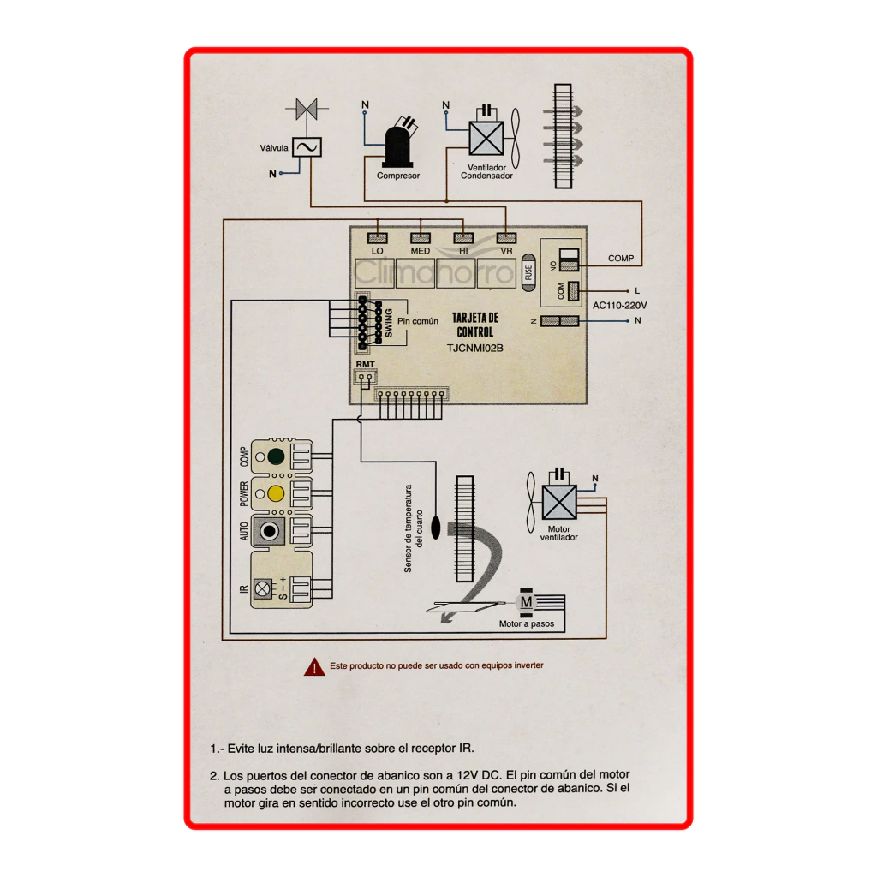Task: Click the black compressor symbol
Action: pyautogui.click(x=397, y=146)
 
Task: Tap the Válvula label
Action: pyautogui.click(x=274, y=148)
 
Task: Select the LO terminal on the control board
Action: pyautogui.click(x=378, y=238)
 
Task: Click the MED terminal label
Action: pyautogui.click(x=420, y=251)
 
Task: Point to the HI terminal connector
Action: pyautogui.click(x=463, y=238)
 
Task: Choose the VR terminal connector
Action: pyautogui.click(x=506, y=238)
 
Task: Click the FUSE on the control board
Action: pyautogui.click(x=528, y=273)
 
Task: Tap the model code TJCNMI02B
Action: pyautogui.click(x=474, y=348)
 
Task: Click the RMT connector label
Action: pyautogui.click(x=365, y=364)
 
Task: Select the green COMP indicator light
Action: pyautogui.click(x=276, y=456)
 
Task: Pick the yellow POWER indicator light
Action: pyautogui.click(x=276, y=494)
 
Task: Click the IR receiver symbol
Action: pyautogui.click(x=262, y=588)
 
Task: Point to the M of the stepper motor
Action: pyautogui.click(x=527, y=602)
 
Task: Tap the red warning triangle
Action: pyautogui.click(x=314, y=666)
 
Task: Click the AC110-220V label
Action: pyautogui.click(x=620, y=306)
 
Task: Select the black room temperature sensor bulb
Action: pyautogui.click(x=436, y=527)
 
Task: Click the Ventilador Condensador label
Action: pyautogui.click(x=486, y=171)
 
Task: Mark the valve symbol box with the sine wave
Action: pyautogui.click(x=307, y=147)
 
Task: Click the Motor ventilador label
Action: pyautogui.click(x=558, y=533)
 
